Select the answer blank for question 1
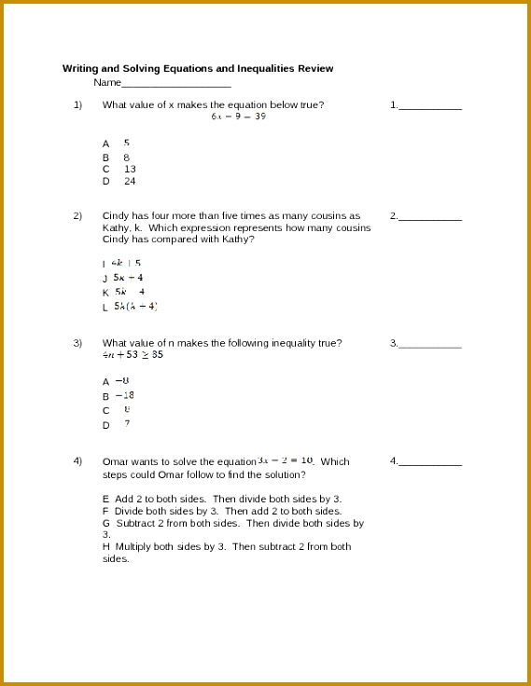click(x=430, y=108)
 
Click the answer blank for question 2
click(x=430, y=219)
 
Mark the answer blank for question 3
click(x=430, y=346)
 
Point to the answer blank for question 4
click(x=430, y=464)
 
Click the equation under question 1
click(x=238, y=117)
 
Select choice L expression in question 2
click(x=135, y=306)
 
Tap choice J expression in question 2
click(x=128, y=278)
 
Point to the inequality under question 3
click(x=133, y=355)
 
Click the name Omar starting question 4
click(x=115, y=461)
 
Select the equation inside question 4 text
click(x=286, y=460)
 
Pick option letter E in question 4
click(x=105, y=500)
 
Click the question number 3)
click(x=78, y=343)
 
